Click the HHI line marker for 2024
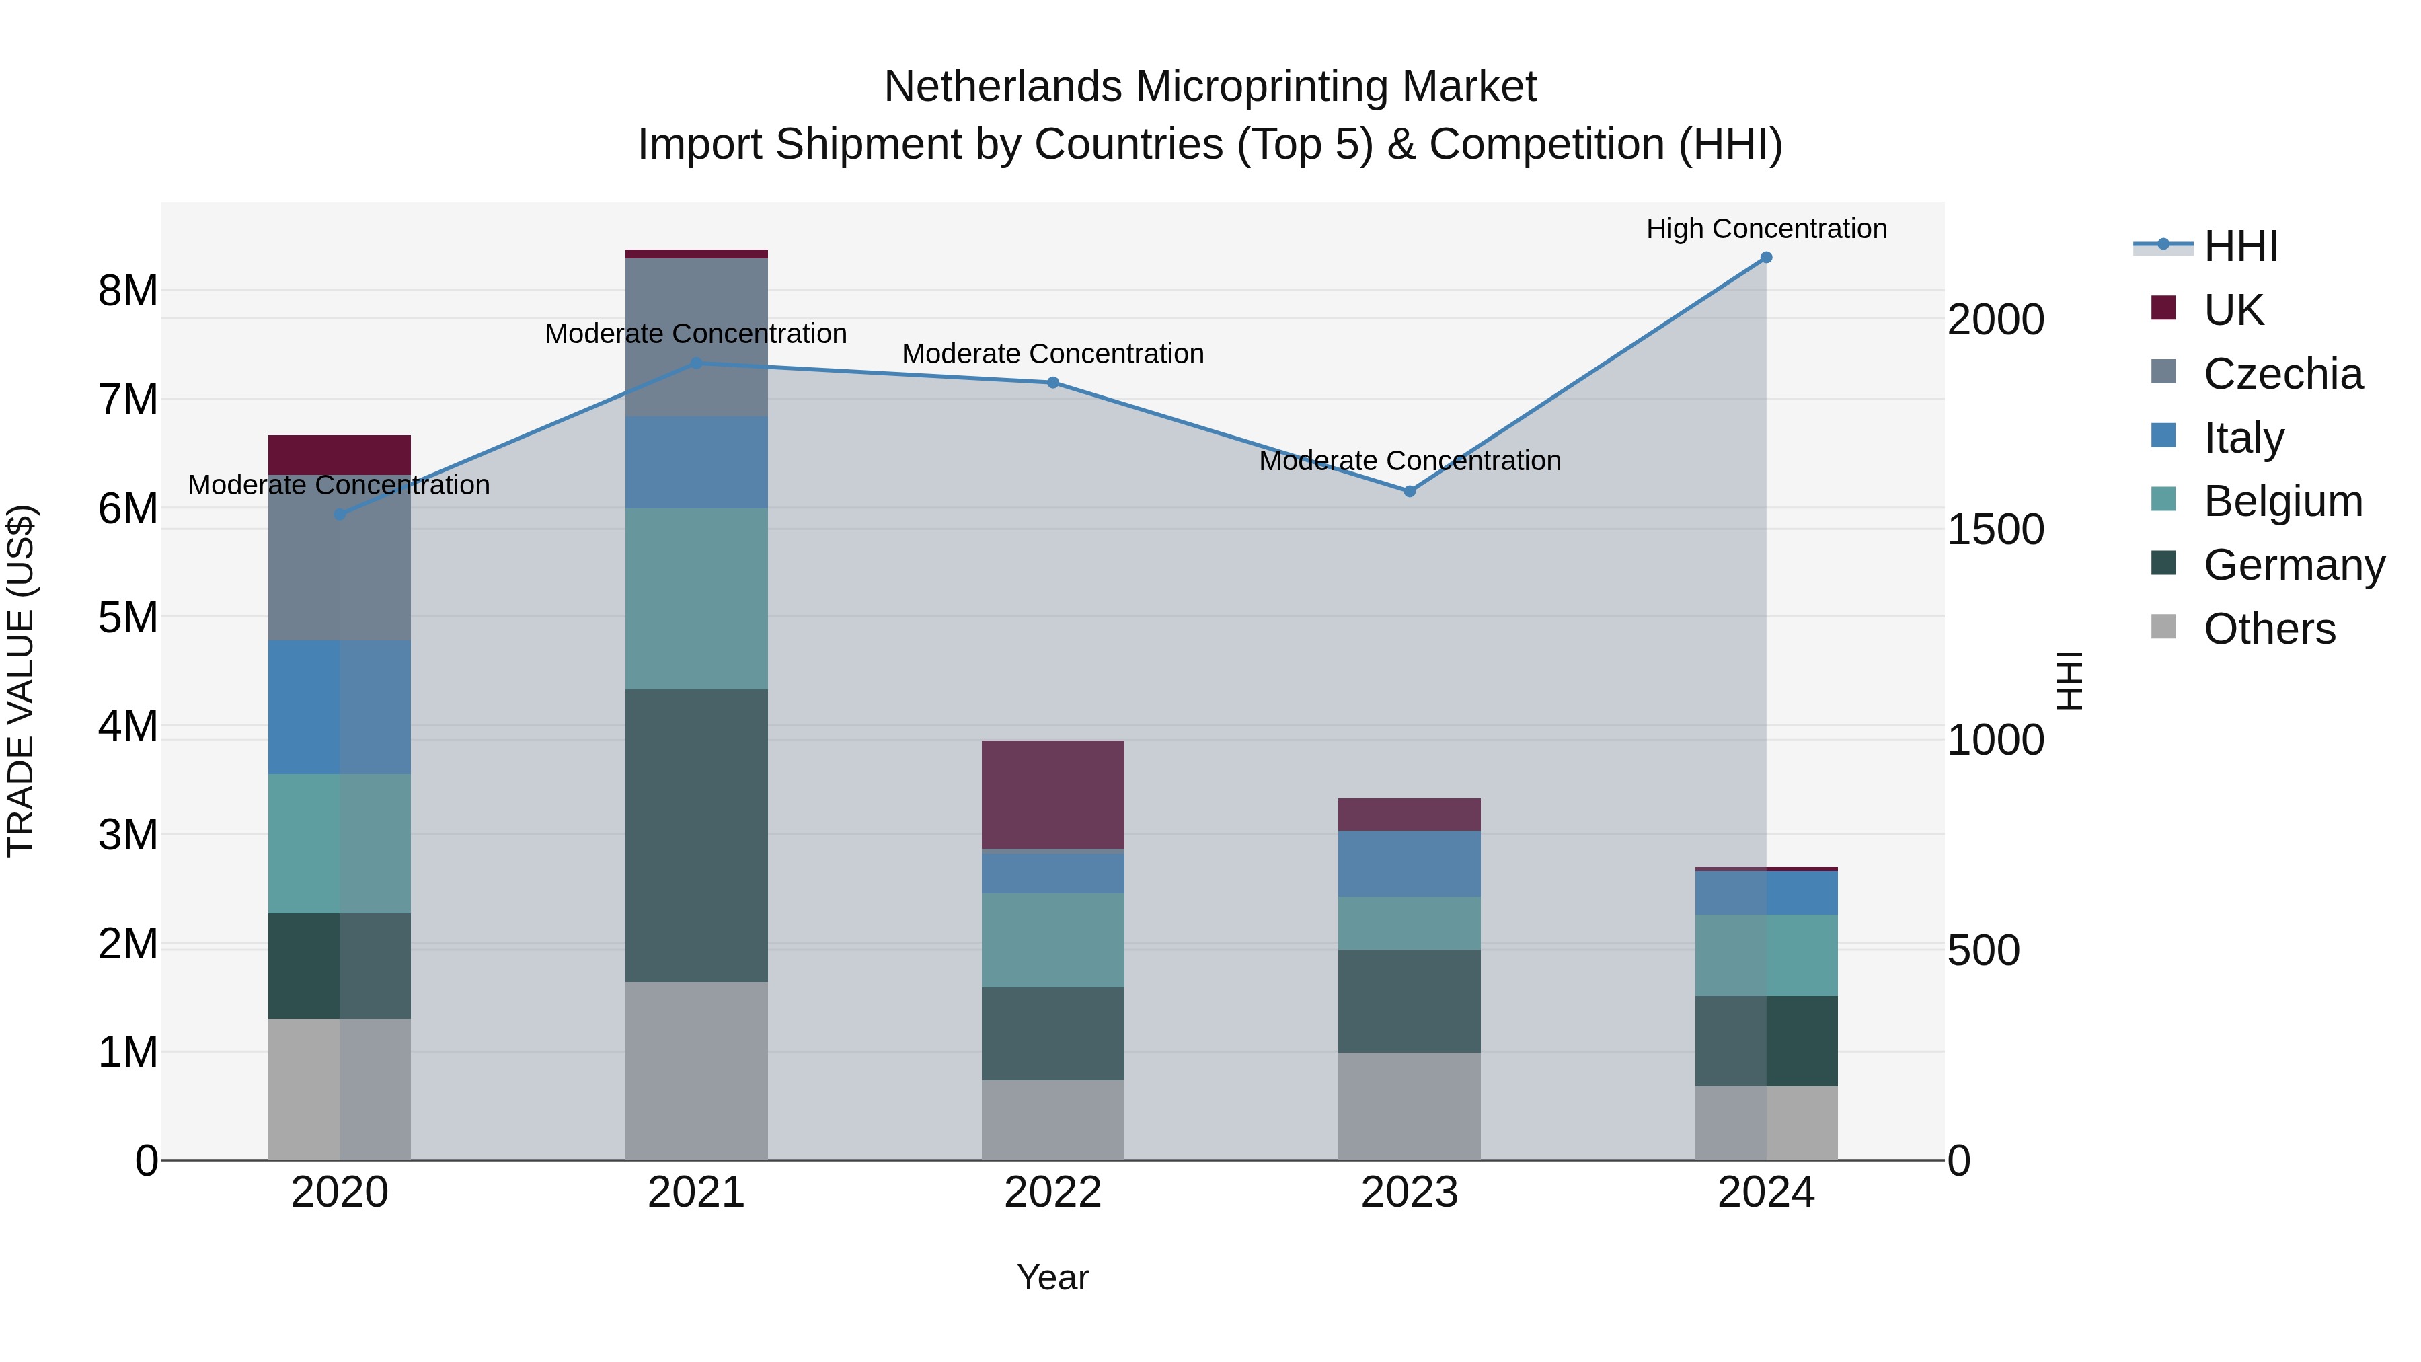tap(1766, 258)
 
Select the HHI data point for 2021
tap(697, 363)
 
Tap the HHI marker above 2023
tap(1409, 492)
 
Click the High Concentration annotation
tap(1766, 229)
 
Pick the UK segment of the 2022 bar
tap(1052, 795)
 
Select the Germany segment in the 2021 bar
tap(697, 835)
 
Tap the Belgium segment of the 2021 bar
tap(697, 599)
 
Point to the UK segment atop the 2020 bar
tap(340, 455)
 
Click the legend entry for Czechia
tap(2282, 374)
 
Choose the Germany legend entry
tap(2293, 565)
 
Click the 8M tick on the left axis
tap(128, 291)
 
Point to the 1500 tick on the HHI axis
tap(1995, 529)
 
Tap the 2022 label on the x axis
tap(1052, 1192)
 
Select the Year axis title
tap(1052, 1277)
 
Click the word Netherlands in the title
tap(1003, 87)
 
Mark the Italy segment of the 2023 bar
tap(1409, 864)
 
